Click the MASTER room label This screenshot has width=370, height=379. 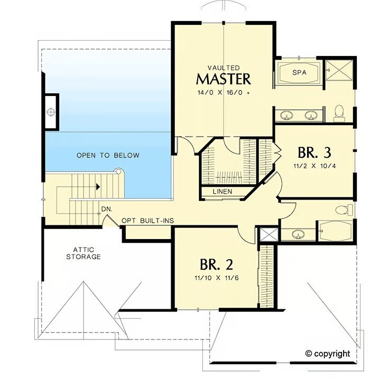click(x=224, y=79)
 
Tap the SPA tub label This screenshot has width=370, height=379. click(x=299, y=72)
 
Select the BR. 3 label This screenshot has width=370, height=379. click(x=314, y=153)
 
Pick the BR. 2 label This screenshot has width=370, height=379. click(x=217, y=264)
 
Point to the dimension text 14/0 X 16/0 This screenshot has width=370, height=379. click(x=220, y=92)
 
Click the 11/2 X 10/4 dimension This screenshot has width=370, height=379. click(x=314, y=166)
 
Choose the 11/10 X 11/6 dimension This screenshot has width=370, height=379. click(x=217, y=278)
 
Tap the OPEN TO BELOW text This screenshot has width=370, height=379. click(x=108, y=155)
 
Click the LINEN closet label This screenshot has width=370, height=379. click(x=223, y=192)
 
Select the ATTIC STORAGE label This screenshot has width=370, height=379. click(x=84, y=253)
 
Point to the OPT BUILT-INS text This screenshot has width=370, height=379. click(x=147, y=221)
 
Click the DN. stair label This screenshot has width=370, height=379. click(x=107, y=209)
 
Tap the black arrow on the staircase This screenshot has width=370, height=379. click(x=98, y=187)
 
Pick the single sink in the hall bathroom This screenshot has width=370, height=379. click(x=298, y=234)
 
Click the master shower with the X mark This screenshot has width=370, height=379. click(x=339, y=70)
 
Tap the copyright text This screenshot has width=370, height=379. click(x=328, y=354)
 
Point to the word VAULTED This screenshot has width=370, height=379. click(x=224, y=68)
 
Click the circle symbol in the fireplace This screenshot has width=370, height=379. click(x=51, y=112)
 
